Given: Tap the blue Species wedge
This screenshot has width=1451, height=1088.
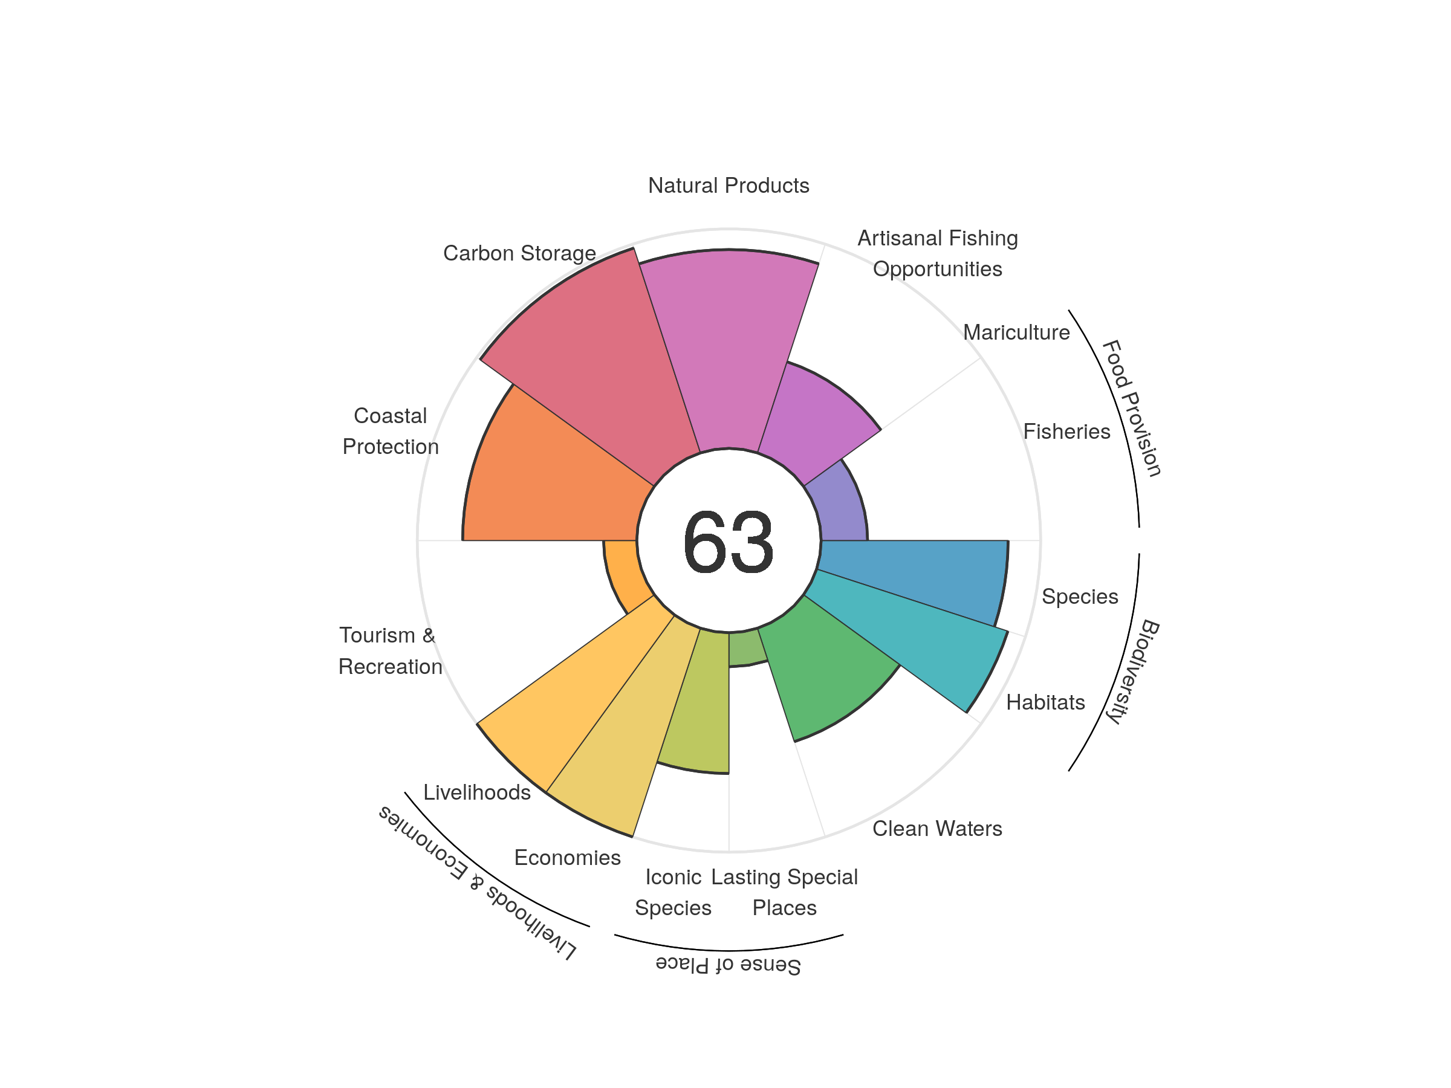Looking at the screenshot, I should coord(918,574).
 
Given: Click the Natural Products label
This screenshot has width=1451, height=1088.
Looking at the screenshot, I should coord(728,186).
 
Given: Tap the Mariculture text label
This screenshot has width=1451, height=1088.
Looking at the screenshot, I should coord(1016,332).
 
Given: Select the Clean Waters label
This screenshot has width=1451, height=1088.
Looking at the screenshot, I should coord(936,828).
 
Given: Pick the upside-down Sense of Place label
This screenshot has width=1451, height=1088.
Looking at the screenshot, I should coord(728,965).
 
